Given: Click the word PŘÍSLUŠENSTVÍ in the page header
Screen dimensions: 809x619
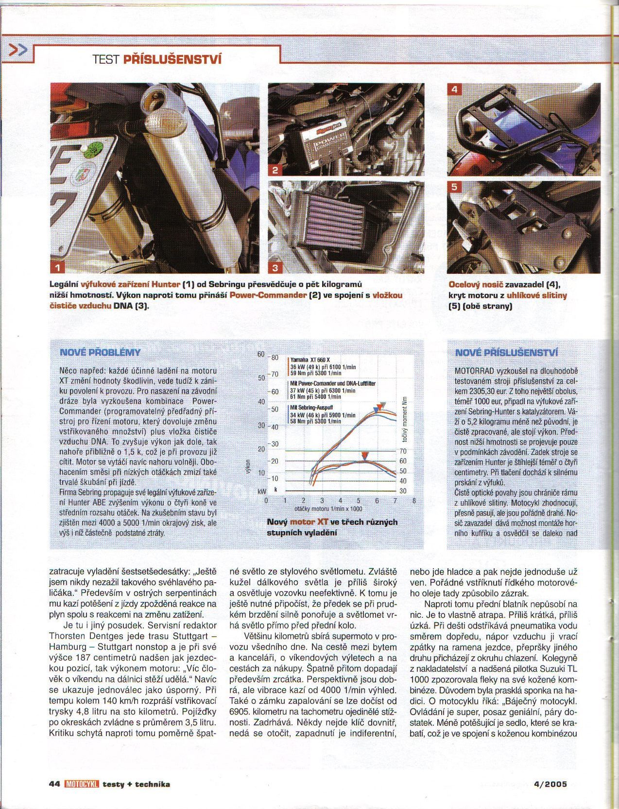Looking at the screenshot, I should pyautogui.click(x=172, y=60).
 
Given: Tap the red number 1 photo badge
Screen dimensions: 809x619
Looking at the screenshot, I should pyautogui.click(x=58, y=267).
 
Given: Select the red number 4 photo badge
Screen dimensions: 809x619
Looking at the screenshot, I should pyautogui.click(x=455, y=90).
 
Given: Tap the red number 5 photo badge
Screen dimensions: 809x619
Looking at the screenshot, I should pyautogui.click(x=455, y=187).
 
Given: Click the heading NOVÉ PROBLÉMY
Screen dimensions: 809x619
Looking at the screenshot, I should pyautogui.click(x=100, y=352).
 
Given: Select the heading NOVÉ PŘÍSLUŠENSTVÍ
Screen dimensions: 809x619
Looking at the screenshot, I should pyautogui.click(x=506, y=352).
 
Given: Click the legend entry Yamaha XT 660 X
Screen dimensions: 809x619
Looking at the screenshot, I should pyautogui.click(x=310, y=360).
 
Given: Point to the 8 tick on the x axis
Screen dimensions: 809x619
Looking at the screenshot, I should pyautogui.click(x=413, y=500).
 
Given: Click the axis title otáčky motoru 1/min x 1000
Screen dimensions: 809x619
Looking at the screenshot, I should pyautogui.click(x=328, y=509).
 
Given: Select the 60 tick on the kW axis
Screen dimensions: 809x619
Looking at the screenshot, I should pyautogui.click(x=260, y=354).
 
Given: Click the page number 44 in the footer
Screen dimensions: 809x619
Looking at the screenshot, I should pyautogui.click(x=54, y=784).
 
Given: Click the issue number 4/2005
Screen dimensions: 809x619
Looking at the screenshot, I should pyautogui.click(x=550, y=784).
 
